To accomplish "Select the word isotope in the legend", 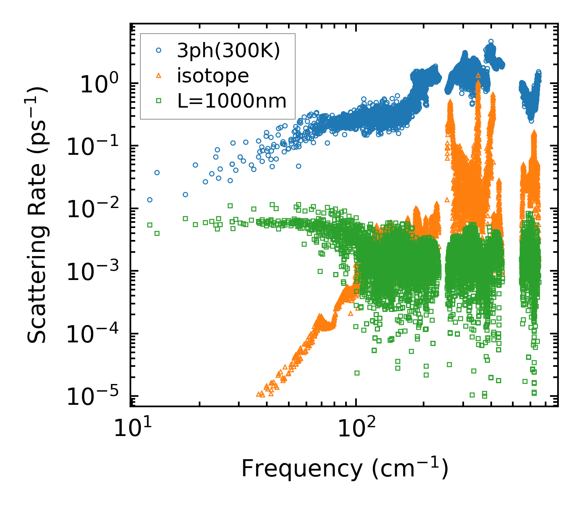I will [x=213, y=76].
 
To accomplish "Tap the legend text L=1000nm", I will [x=232, y=101].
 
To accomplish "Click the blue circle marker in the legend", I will [x=158, y=50].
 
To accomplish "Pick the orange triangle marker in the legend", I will [x=158, y=76].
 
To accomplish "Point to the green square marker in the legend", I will [x=158, y=101].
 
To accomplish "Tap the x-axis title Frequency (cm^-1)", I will [x=344, y=468].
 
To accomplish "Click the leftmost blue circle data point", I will [x=150, y=200].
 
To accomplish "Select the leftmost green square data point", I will [x=150, y=225].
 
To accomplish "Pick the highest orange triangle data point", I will [x=478, y=75].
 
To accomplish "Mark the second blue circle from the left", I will [x=157, y=172].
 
